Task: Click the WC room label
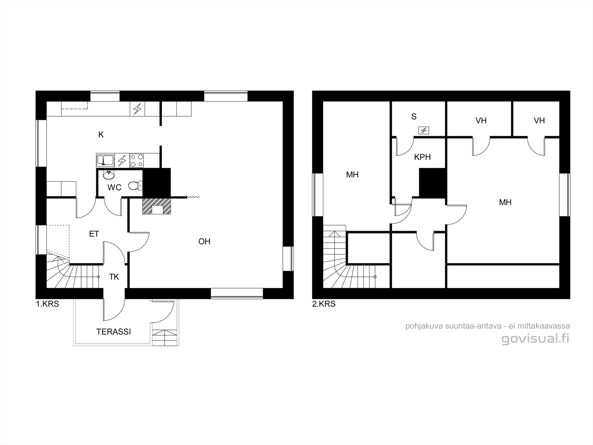pos(114,187)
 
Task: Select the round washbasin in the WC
pos(109,175)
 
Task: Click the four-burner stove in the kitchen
pos(137,161)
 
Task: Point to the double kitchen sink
pos(105,161)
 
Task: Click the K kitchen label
pos(101,134)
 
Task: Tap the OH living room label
pos(204,241)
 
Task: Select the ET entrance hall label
pos(94,234)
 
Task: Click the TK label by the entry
pos(114,277)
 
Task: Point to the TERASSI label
pos(113,332)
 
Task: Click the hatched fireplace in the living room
pos(157,206)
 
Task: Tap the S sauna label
pos(414,116)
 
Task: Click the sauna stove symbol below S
pos(424,131)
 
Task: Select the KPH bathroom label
pos(422,157)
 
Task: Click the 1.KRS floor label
pos(47,304)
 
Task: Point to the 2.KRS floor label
pos(324,304)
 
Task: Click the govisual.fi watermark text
pos(536,339)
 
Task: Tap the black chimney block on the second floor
pos(432,183)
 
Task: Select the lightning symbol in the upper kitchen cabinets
pos(137,109)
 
